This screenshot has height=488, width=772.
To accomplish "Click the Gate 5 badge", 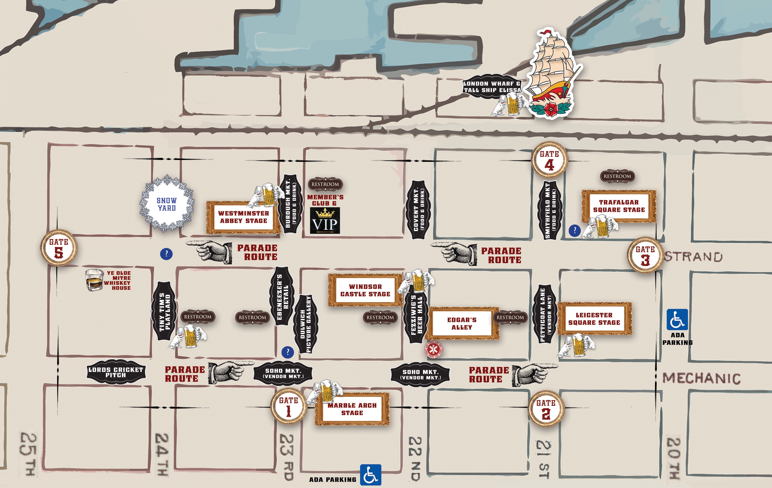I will point(59,248).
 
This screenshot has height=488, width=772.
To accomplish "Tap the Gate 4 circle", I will point(549,160).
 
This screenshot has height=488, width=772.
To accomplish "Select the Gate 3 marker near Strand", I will point(645,255).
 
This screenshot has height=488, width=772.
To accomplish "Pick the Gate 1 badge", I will point(288,406).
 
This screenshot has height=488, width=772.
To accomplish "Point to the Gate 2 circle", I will point(546,409).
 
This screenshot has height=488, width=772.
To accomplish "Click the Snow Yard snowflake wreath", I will point(167,204).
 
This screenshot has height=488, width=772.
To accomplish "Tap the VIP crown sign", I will point(325,221).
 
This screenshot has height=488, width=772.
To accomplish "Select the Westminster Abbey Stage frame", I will point(243,217).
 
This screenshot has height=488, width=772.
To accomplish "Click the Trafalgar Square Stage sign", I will point(619,206).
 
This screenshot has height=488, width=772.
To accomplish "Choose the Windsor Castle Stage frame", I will point(365,290).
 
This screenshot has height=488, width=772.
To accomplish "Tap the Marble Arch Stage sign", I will point(352,409).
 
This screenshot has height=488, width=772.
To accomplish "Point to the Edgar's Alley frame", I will point(462,323).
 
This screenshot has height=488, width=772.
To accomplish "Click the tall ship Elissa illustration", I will point(553,74).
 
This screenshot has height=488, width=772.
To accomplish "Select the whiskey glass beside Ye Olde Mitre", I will point(94,280).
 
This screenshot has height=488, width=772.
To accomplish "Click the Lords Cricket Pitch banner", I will point(116,372).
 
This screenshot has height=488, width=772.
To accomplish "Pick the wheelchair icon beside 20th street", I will point(677,319).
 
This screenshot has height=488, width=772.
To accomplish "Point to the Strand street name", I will point(693,256).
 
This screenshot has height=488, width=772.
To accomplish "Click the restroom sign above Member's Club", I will point(325,184).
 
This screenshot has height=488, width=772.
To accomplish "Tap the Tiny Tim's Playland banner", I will point(165,311).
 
